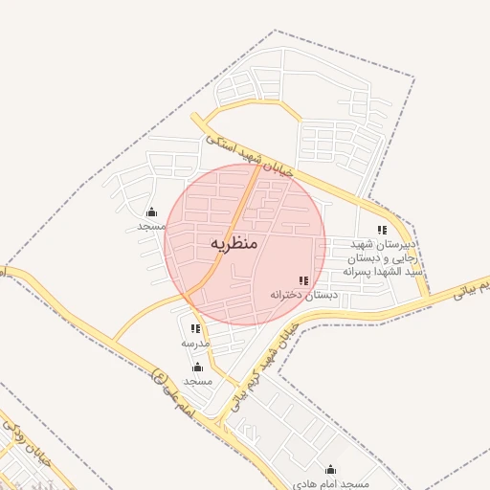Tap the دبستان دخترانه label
pyautogui.click(x=303, y=295)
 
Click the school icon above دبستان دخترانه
pyautogui.click(x=303, y=280)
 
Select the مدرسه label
pyautogui.click(x=194, y=342)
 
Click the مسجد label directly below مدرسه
pyautogui.click(x=197, y=381)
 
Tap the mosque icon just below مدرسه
pyautogui.click(x=197, y=367)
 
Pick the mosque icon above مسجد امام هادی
pyautogui.click(x=331, y=470)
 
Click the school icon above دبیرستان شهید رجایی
pyautogui.click(x=382, y=230)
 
